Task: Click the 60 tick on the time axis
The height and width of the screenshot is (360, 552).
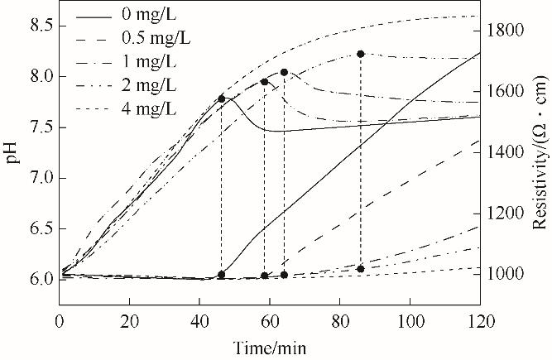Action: click(270, 319)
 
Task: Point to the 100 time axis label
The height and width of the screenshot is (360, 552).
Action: click(410, 319)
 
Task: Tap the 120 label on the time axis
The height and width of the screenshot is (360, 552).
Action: click(479, 319)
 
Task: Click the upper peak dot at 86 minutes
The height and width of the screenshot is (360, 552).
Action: click(361, 54)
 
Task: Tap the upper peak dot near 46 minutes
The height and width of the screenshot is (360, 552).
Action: click(221, 99)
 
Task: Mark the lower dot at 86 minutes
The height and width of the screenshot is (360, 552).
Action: click(361, 269)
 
